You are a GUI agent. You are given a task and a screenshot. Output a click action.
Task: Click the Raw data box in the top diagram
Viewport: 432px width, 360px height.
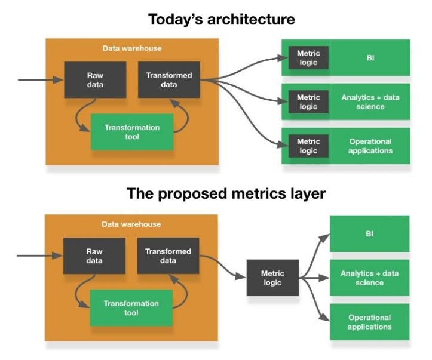(95, 80)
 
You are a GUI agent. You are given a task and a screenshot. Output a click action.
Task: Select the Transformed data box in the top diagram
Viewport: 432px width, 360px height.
(169, 80)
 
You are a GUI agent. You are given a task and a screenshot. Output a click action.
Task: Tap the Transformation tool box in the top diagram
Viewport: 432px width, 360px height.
(132, 132)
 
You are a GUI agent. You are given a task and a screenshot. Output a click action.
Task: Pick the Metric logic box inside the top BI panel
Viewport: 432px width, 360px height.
(308, 58)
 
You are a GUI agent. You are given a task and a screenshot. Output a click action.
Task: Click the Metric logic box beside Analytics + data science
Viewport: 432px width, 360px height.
(308, 102)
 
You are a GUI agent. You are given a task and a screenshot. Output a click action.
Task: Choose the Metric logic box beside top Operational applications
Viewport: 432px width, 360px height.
(308, 146)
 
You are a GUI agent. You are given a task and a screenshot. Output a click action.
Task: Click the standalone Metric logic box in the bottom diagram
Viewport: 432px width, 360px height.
(272, 278)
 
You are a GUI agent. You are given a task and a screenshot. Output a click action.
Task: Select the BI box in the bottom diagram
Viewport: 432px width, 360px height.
(370, 233)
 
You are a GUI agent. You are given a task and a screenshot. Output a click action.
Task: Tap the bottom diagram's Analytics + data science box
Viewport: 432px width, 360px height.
(370, 278)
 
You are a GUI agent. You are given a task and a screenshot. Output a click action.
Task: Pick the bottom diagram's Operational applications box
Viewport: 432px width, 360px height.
(370, 322)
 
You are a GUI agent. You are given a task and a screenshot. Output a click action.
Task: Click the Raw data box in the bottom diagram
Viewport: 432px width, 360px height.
(94, 256)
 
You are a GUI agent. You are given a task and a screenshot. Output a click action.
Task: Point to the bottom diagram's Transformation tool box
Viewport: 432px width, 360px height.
(131, 308)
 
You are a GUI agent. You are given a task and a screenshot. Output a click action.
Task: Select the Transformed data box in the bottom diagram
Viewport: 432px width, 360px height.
(168, 256)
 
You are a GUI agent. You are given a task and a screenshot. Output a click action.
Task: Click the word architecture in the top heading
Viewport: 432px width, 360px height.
(251, 19)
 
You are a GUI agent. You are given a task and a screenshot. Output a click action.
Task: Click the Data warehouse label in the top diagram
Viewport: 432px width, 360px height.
(132, 48)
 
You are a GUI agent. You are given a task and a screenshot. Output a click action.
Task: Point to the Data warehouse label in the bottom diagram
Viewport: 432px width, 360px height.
(131, 224)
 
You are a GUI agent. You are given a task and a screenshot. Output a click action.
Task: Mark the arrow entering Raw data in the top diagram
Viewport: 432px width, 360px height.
(41, 80)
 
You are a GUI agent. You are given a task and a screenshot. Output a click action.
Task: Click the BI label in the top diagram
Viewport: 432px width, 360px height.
(370, 58)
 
